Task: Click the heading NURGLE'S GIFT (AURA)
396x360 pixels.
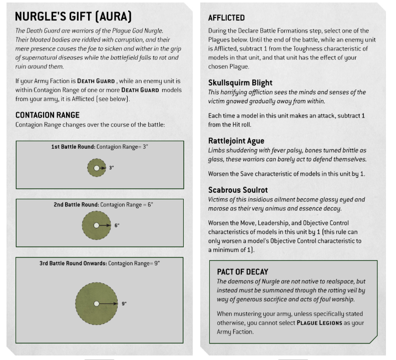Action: tap(74, 17)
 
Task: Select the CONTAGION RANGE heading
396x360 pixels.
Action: tap(48, 115)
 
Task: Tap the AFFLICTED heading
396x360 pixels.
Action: tap(226, 18)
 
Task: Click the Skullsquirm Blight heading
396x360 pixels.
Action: tap(240, 83)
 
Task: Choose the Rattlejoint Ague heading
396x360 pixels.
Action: tap(236, 141)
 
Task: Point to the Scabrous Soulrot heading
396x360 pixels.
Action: tap(238, 190)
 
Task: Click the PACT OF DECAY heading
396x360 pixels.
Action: tap(242, 271)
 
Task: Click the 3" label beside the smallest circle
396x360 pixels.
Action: tap(111, 168)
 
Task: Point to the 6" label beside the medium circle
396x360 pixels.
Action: tap(117, 225)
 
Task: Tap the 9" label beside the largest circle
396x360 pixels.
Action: tap(124, 303)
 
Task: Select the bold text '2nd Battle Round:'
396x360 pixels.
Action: tap(76, 205)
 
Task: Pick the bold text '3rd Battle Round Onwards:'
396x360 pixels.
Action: tap(73, 263)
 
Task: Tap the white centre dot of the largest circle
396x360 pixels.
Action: tap(96, 303)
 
